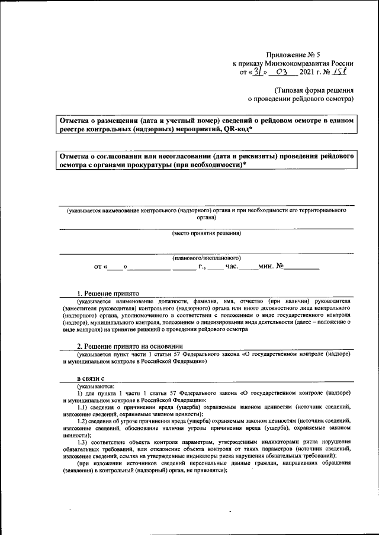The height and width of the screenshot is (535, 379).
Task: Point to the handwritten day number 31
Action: tap(258, 72)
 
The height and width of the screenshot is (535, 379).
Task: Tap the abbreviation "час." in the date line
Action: tap(231, 267)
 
